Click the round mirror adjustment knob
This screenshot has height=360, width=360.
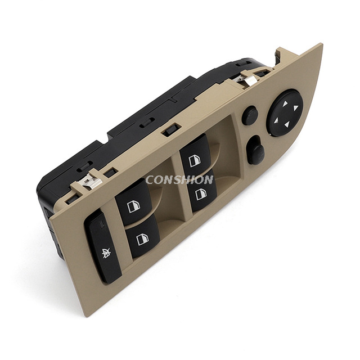pyautogui.click(x=285, y=112)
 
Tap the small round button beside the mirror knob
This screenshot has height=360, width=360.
pyautogui.click(x=250, y=115)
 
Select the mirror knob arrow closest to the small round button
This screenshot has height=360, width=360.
pyautogui.click(x=276, y=120)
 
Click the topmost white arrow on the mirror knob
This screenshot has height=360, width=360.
pyautogui.click(x=285, y=103)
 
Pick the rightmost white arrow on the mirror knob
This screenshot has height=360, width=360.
pyautogui.click(x=295, y=107)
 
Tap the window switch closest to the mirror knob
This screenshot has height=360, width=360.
pyautogui.click(x=196, y=154)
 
